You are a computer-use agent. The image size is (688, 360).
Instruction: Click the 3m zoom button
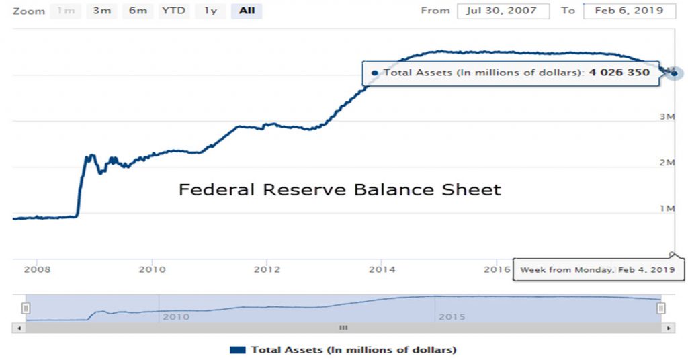click(x=102, y=11)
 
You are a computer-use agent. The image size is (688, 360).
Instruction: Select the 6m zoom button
click(x=138, y=11)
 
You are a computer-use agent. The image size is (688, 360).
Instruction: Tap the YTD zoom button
click(x=173, y=11)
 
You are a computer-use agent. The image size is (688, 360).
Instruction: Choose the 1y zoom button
click(x=210, y=11)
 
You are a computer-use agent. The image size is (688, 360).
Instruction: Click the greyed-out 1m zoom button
click(x=66, y=11)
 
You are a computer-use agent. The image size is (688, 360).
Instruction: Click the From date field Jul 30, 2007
click(x=503, y=11)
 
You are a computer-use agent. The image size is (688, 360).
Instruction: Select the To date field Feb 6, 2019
click(x=629, y=11)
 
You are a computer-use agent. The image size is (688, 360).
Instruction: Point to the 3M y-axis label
click(x=666, y=117)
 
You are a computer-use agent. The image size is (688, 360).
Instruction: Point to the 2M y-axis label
click(x=666, y=163)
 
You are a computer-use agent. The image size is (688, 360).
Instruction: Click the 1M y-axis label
click(x=666, y=209)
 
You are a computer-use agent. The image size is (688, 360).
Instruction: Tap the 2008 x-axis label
click(x=38, y=269)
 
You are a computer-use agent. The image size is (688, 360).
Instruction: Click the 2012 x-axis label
click(x=267, y=269)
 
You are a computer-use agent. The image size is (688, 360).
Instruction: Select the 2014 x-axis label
click(x=382, y=269)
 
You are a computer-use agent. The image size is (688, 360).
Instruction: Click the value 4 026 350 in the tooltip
click(x=619, y=72)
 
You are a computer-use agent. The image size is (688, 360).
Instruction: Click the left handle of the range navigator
click(x=26, y=308)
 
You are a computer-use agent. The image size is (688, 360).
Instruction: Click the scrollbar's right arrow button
click(x=668, y=328)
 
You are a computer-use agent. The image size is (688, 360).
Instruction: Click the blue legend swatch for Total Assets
click(x=238, y=350)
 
